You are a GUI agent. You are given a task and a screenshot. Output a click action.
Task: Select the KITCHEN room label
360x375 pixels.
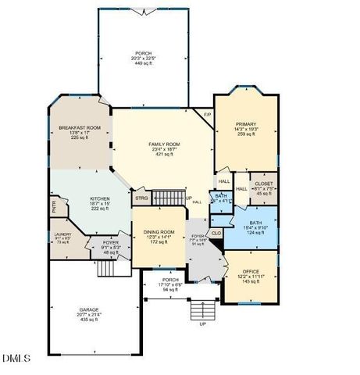100,199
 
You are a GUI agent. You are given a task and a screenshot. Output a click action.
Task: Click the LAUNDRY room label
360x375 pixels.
62,234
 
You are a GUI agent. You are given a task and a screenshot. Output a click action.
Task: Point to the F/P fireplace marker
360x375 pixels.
207,116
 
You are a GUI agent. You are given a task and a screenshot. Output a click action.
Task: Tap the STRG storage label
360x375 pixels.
141,198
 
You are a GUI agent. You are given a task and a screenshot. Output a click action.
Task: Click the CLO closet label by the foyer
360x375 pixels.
216,232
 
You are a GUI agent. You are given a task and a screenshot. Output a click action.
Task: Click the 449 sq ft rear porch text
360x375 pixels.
143,65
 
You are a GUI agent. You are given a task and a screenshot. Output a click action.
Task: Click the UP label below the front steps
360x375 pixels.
203,323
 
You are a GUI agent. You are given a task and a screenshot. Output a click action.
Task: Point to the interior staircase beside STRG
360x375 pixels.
168,197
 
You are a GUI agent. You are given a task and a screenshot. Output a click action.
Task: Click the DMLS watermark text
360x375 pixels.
16,359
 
